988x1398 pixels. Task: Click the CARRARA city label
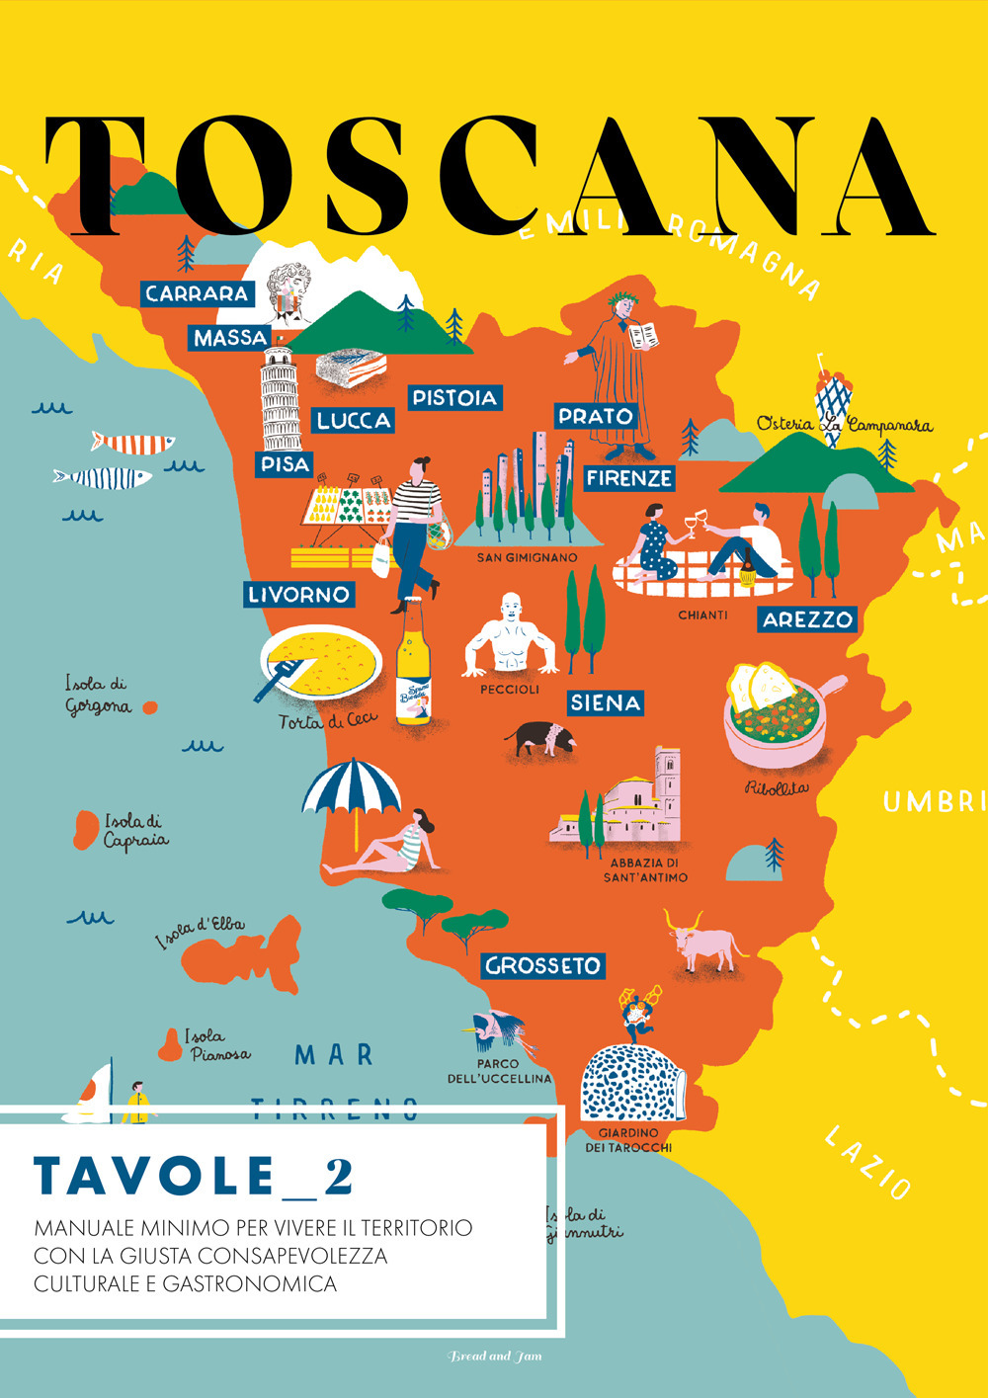click(197, 293)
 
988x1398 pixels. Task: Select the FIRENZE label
click(629, 478)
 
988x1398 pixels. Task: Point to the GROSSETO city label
click(542, 965)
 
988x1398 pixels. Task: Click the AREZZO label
click(807, 619)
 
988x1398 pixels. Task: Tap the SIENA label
click(605, 702)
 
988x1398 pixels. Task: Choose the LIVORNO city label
click(298, 594)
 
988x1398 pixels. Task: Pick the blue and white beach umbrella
click(352, 790)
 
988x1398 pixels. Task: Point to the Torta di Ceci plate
click(321, 663)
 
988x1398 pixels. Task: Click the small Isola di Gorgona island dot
click(150, 707)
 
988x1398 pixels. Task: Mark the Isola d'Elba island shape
click(247, 953)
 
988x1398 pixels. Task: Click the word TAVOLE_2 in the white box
click(194, 1176)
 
